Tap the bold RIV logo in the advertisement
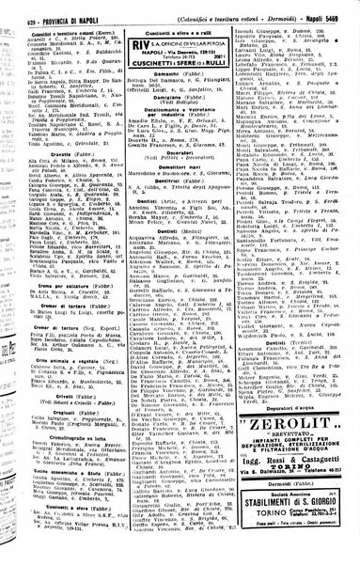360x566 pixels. [x=138, y=42]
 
